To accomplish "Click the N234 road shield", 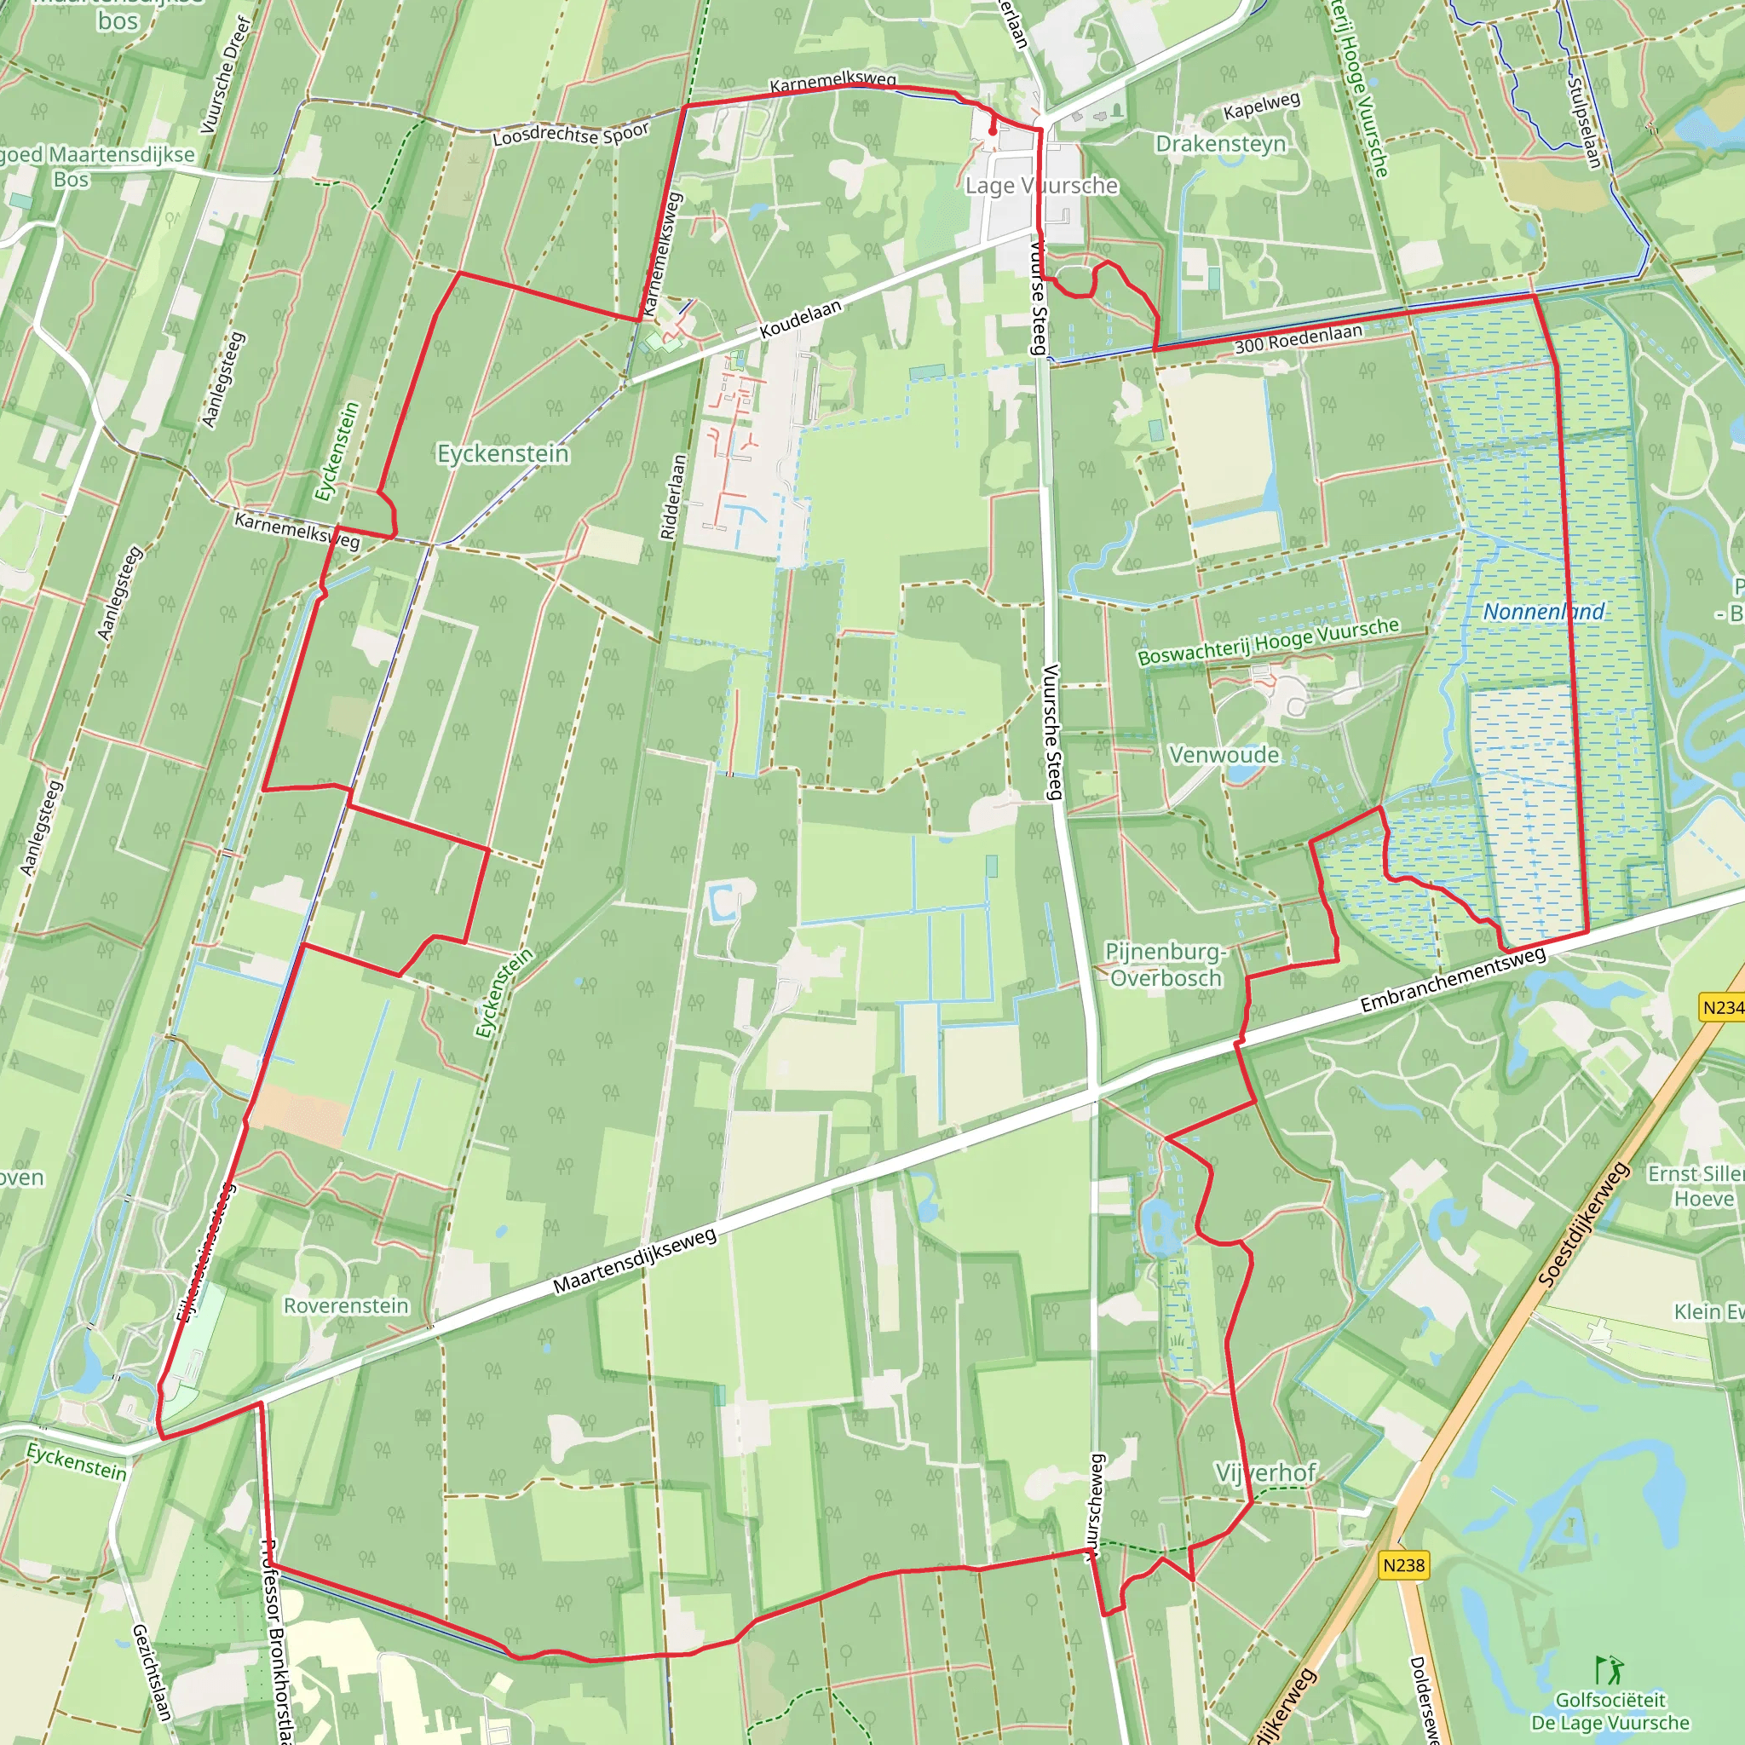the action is (1720, 1007).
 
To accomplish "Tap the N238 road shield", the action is (1403, 1565).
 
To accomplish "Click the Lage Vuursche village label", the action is (1040, 186).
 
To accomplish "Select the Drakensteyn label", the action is (1220, 145).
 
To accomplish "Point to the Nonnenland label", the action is (1544, 613).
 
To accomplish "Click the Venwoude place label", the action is (1224, 755).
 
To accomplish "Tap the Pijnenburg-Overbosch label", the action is (1165, 965).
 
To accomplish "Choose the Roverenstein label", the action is (346, 1306).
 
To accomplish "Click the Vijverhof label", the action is (1265, 1473).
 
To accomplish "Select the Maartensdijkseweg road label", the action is (634, 1261).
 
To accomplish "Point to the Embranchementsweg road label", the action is (1453, 979).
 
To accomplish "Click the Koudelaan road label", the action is (800, 319).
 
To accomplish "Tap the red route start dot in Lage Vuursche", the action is (993, 131).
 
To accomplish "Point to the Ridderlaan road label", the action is (674, 497).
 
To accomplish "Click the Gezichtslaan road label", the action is (152, 1672).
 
